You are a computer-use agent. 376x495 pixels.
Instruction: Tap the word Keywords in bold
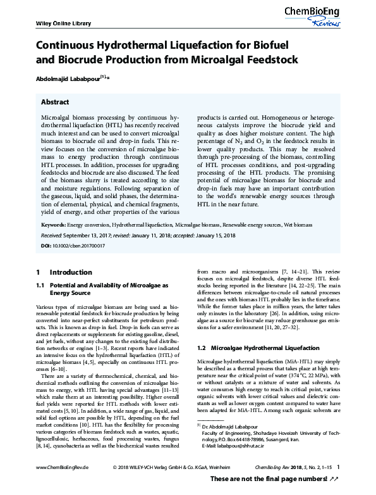click(53, 225)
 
